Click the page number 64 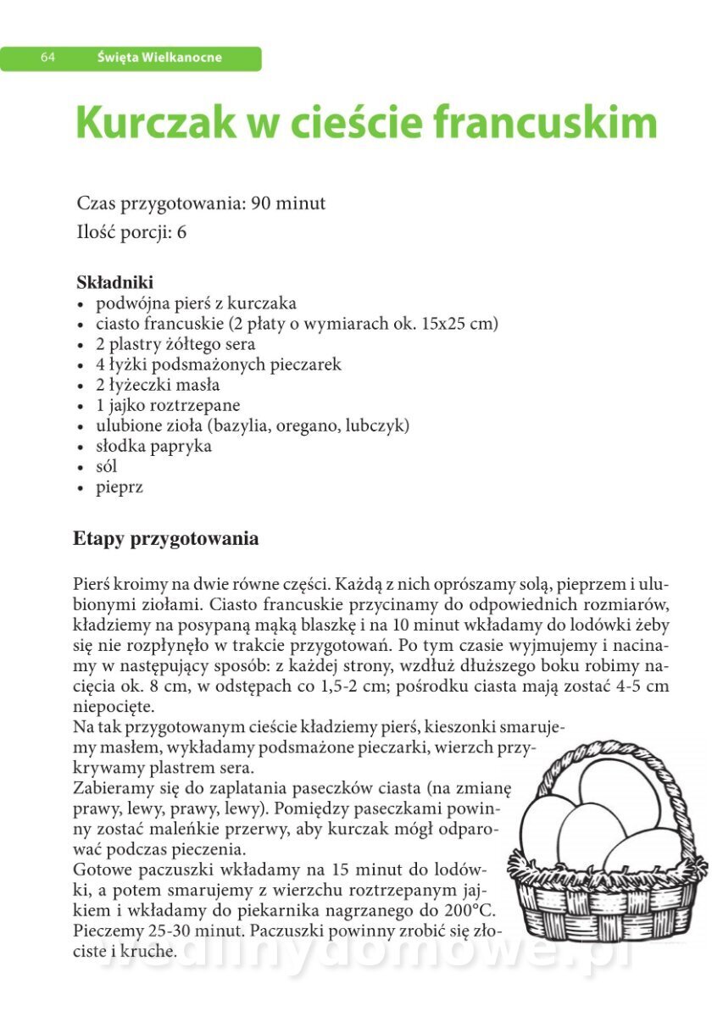point(47,58)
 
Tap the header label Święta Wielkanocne point(159,58)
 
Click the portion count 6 point(181,232)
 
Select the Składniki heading point(115,282)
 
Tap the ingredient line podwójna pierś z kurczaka point(196,303)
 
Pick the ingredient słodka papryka point(153,446)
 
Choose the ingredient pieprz point(120,487)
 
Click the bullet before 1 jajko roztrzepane point(81,406)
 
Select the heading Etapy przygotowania point(166,539)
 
